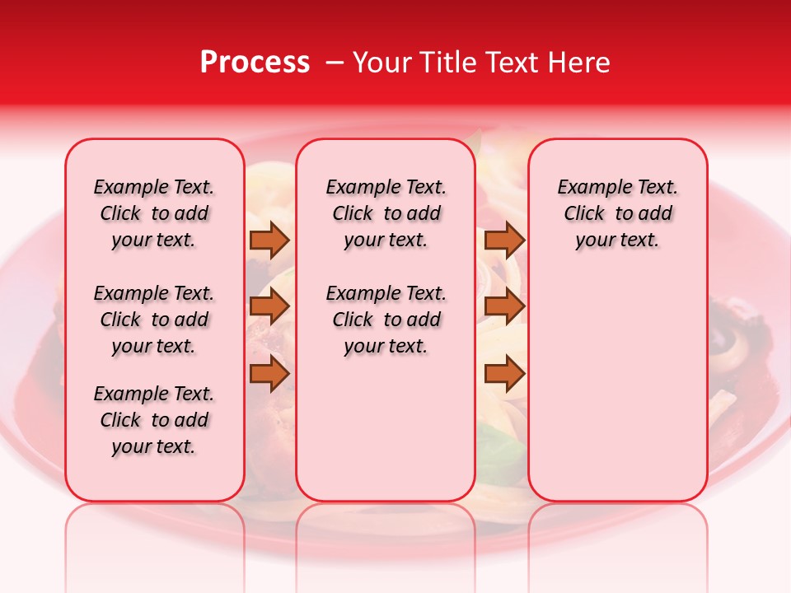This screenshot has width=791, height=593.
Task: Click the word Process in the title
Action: [x=255, y=63]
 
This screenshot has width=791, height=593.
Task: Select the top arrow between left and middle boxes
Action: [x=269, y=240]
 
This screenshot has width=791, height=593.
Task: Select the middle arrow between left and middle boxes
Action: [x=269, y=306]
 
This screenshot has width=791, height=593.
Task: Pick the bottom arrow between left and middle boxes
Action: [x=269, y=374]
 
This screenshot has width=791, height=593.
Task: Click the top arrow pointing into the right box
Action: [x=504, y=240]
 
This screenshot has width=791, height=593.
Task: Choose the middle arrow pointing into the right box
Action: [x=504, y=306]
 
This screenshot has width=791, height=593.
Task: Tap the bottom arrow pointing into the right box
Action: [x=504, y=374]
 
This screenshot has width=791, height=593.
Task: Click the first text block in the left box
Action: [x=154, y=213]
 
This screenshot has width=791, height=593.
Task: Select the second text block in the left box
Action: [x=154, y=320]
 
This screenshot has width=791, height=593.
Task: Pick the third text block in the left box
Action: [x=154, y=420]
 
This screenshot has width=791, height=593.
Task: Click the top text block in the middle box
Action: [x=386, y=213]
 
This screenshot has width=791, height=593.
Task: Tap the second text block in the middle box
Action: [x=386, y=320]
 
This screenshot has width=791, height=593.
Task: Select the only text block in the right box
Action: [x=617, y=213]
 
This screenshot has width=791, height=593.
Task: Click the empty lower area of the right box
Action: [x=617, y=387]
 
